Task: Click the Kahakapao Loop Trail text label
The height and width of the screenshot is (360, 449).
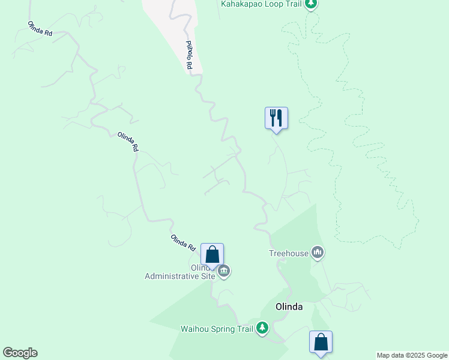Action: [260, 4]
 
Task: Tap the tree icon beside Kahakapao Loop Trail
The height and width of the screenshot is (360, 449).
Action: [310, 4]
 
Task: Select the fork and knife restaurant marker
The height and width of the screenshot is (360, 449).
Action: [276, 118]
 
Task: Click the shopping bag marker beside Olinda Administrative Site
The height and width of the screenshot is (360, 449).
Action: [212, 254]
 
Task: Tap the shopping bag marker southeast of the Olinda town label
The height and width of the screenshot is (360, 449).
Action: [321, 342]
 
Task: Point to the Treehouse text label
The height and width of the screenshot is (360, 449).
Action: [288, 253]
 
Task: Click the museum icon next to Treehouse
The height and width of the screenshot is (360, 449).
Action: [318, 253]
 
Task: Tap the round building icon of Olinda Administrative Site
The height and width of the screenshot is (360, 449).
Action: [224, 272]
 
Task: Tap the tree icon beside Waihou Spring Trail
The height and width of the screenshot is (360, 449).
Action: [262, 328]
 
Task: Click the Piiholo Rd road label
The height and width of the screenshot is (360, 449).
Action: [188, 55]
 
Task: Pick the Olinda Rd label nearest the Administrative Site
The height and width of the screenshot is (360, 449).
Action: [183, 242]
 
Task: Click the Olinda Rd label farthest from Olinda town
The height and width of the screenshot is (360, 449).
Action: [40, 29]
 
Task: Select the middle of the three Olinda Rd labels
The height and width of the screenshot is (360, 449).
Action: [128, 141]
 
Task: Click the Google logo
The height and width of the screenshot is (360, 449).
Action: [20, 353]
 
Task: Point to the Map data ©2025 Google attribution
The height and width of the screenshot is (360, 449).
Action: [412, 355]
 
